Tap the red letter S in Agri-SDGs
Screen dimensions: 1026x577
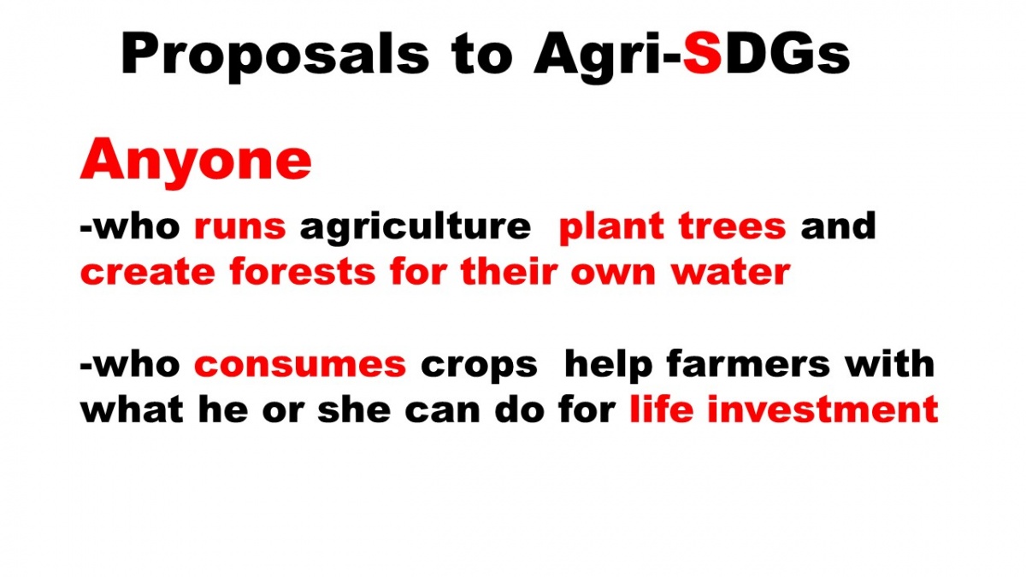[x=703, y=53]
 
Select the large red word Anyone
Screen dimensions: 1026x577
[x=196, y=162]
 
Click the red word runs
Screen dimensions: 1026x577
[x=240, y=227]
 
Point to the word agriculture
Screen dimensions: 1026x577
[x=415, y=228]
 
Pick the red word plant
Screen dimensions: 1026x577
[x=611, y=228]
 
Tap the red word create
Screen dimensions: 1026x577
[x=147, y=272]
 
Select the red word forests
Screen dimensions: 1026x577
[x=303, y=271]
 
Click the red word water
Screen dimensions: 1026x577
[x=731, y=272]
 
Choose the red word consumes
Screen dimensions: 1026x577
[x=300, y=365]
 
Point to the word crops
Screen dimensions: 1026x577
[x=479, y=367]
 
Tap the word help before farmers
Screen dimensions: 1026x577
[x=608, y=366]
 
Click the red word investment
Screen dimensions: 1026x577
[x=823, y=409]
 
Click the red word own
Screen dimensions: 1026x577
[x=613, y=274]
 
